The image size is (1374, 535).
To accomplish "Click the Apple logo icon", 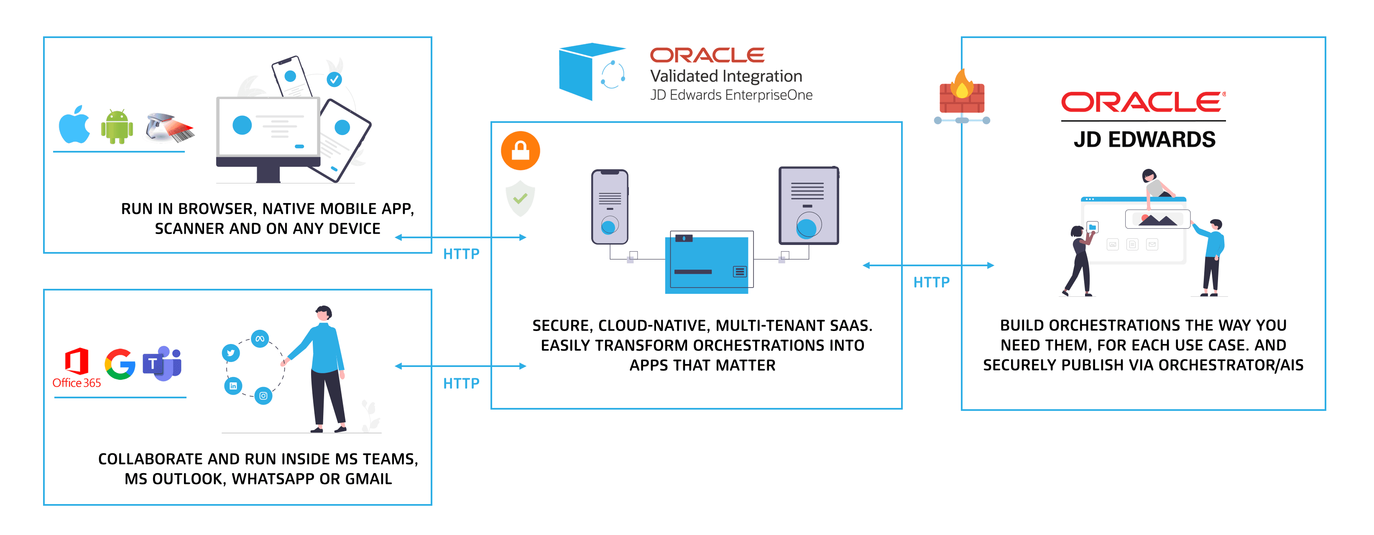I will [x=74, y=125].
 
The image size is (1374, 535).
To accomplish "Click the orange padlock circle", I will [x=520, y=151].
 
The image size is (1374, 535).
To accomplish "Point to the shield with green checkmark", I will [x=520, y=199].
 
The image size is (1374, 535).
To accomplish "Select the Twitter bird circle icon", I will [x=231, y=353].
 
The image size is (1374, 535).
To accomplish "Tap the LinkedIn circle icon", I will [x=233, y=386].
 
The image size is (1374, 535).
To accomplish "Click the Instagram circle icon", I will [x=263, y=396].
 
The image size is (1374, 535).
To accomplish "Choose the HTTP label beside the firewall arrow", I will [x=931, y=282].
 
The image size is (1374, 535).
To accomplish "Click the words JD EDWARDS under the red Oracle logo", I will [x=1144, y=140].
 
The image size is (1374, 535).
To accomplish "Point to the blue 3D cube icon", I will [x=579, y=72].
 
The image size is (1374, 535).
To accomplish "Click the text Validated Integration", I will [x=725, y=76].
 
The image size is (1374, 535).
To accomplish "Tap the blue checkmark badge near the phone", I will [x=334, y=79].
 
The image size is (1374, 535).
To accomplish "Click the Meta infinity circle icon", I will [x=260, y=339].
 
